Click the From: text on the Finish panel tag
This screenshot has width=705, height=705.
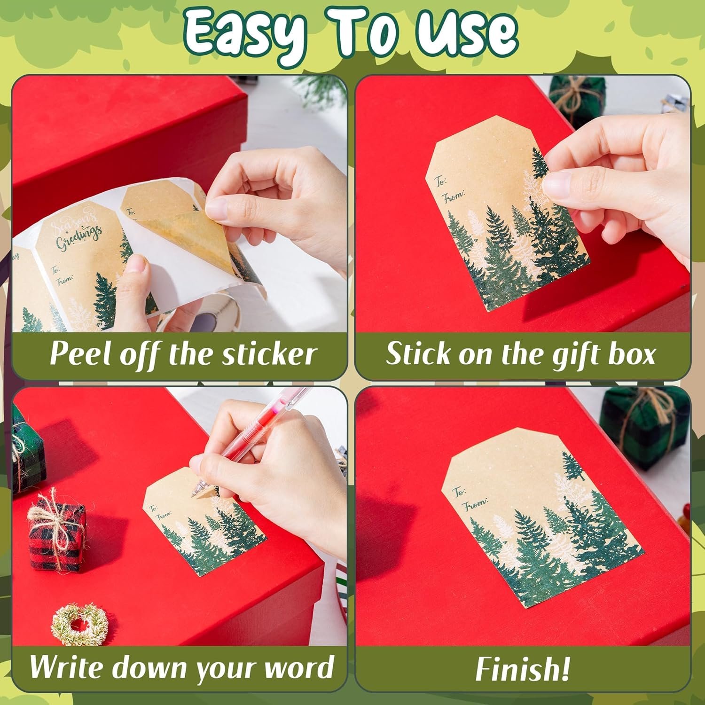[x=476, y=504]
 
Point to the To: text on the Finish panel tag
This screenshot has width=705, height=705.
[x=459, y=492]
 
